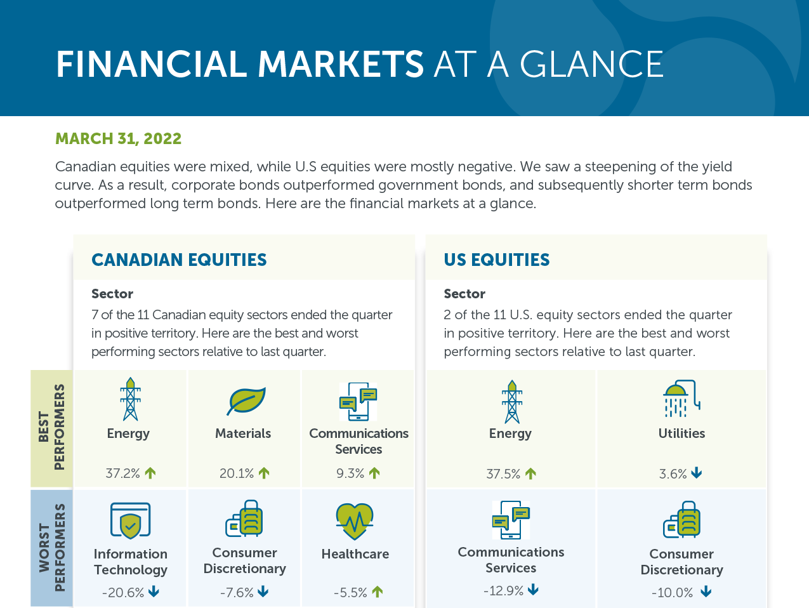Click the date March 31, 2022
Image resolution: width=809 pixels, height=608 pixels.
118,138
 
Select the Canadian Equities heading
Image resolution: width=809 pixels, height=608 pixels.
179,260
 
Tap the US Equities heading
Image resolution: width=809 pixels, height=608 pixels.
497,260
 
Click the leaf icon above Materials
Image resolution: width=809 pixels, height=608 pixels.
246,401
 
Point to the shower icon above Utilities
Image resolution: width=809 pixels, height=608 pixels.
681,399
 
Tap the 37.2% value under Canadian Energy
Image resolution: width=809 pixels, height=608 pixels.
122,473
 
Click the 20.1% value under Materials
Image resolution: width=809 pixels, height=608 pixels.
237,473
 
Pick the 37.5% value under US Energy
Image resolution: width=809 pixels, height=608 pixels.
503,474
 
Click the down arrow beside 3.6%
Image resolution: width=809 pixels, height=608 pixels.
696,473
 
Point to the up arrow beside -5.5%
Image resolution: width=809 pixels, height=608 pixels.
377,591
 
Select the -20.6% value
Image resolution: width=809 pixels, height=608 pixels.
123,593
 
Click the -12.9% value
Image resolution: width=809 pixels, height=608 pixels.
503,591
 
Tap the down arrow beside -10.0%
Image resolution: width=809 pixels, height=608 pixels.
706,591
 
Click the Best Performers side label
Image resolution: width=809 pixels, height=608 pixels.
51,428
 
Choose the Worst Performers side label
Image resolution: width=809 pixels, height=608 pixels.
51,548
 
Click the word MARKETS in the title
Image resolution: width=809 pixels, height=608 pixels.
341,64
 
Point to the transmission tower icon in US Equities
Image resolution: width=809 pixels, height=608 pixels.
511,402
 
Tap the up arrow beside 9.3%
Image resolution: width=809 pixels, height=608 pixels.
374,473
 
